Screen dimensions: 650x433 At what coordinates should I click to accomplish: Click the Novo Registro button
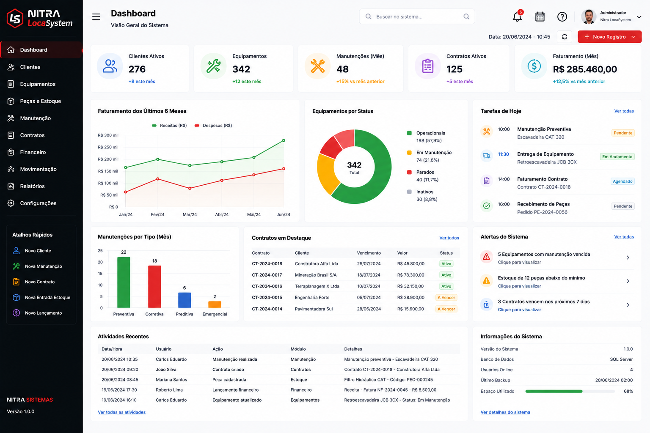tap(609, 37)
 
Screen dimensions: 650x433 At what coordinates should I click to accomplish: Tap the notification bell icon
tap(517, 17)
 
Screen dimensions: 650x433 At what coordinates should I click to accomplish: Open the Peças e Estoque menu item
tap(40, 101)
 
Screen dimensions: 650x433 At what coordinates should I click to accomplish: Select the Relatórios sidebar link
tap(32, 186)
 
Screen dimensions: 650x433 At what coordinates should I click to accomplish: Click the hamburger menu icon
tap(96, 17)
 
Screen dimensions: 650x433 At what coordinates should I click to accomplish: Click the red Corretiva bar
tap(154, 287)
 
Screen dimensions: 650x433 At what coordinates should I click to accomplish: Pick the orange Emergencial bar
tap(215, 304)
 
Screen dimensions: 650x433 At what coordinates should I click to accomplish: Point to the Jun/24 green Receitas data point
tap(284, 140)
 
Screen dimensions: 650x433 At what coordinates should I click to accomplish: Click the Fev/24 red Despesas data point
tap(157, 179)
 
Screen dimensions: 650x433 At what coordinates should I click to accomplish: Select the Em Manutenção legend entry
tap(430, 156)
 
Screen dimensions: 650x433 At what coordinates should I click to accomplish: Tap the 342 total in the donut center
tap(354, 165)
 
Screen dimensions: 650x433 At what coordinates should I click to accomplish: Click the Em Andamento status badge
tap(617, 156)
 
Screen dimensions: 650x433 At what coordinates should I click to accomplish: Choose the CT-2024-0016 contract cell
tap(267, 286)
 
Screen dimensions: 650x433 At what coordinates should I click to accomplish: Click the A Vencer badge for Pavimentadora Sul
tap(446, 309)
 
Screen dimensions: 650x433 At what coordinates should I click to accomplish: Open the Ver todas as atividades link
tap(121, 412)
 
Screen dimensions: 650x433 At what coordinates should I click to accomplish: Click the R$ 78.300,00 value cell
tap(410, 275)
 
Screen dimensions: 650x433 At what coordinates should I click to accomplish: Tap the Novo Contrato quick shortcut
tap(39, 282)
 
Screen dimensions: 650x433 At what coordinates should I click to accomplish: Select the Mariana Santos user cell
tap(171, 380)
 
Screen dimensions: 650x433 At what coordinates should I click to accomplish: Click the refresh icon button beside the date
tap(565, 37)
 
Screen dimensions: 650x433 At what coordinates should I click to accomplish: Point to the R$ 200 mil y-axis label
tap(108, 159)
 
